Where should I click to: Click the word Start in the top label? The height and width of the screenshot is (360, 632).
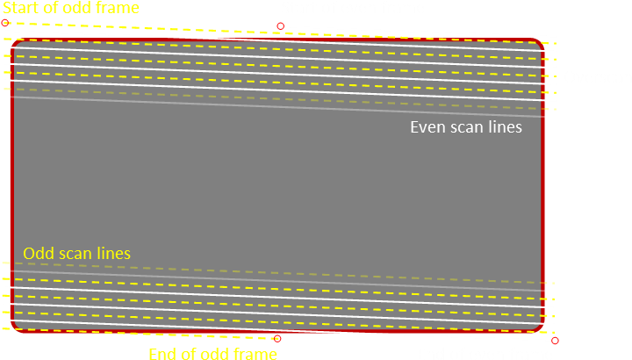[21, 8]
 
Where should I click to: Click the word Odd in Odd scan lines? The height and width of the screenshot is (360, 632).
[39, 254]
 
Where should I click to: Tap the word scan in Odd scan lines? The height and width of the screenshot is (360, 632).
[75, 254]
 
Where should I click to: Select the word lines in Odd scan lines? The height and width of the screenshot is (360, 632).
[113, 254]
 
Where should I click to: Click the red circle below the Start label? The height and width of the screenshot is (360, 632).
[5, 23]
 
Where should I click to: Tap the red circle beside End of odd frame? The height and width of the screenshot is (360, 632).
[277, 339]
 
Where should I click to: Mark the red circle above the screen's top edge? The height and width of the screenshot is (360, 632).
[281, 26]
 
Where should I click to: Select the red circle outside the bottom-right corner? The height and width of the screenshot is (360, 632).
[555, 341]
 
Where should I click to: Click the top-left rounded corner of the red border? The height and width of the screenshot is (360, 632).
[15, 42]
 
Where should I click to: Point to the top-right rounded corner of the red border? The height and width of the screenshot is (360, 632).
[541, 42]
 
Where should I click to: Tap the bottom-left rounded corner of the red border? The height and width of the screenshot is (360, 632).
[15, 328]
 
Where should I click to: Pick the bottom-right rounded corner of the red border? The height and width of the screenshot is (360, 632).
[541, 328]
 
